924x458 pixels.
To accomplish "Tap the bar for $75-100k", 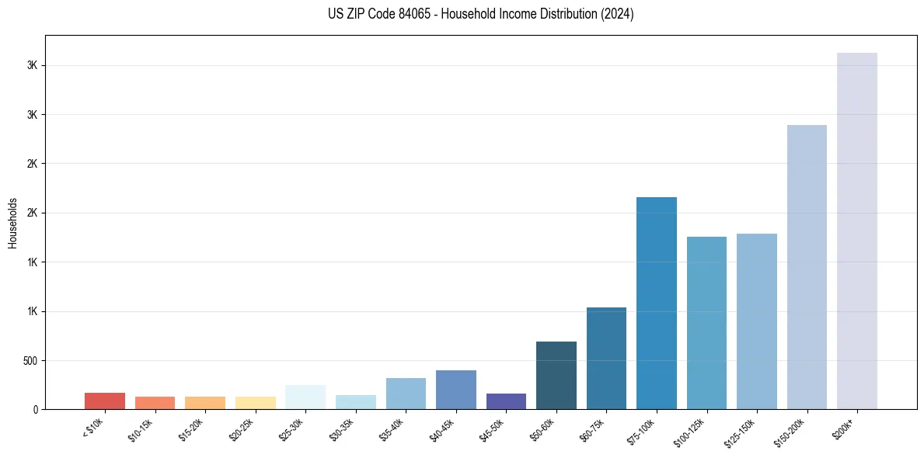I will point(656,303).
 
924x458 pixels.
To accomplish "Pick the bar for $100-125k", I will point(706,323).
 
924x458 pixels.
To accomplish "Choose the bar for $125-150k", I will point(756,321).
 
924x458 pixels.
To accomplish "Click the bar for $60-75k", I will point(606,358).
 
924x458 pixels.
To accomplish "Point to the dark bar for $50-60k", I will point(556,375).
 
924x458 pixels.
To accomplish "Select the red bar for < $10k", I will point(105,401).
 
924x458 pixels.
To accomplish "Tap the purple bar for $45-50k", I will point(506,401).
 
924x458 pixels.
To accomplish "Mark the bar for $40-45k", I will point(455,390).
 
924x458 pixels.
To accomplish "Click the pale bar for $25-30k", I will point(305,397).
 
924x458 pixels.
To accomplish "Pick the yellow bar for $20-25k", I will point(255,403).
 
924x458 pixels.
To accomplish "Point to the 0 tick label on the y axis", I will point(35,410).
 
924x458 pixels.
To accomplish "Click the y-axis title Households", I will point(12,223).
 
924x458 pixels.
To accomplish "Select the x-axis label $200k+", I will point(845,428).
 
